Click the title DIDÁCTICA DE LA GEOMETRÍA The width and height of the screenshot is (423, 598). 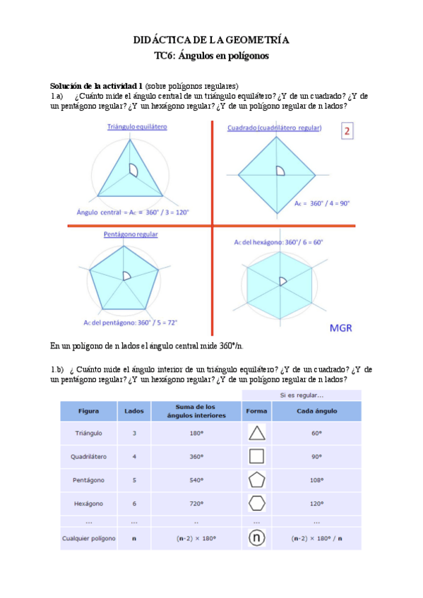pyautogui.click(x=211, y=40)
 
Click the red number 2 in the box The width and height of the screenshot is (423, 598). pyautogui.click(x=346, y=132)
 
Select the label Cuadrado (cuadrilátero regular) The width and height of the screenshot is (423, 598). pyautogui.click(x=275, y=128)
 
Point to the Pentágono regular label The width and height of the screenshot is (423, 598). pyautogui.click(x=131, y=234)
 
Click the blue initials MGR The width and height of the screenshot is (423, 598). pyautogui.click(x=341, y=328)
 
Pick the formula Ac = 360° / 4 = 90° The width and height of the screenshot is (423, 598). pyautogui.click(x=322, y=203)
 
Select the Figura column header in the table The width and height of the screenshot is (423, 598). pyautogui.click(x=89, y=410)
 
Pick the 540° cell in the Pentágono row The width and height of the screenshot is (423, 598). pyautogui.click(x=191, y=480)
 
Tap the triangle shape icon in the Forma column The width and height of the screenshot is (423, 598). pyautogui.click(x=257, y=434)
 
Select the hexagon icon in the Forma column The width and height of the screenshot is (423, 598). pyautogui.click(x=257, y=504)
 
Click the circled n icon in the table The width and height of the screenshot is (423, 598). pyautogui.click(x=257, y=539)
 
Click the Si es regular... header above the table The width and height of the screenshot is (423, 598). pyautogui.click(x=302, y=394)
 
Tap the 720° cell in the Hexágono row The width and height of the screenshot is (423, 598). pyautogui.click(x=191, y=504)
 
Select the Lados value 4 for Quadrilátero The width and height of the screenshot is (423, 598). pyautogui.click(x=134, y=457)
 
